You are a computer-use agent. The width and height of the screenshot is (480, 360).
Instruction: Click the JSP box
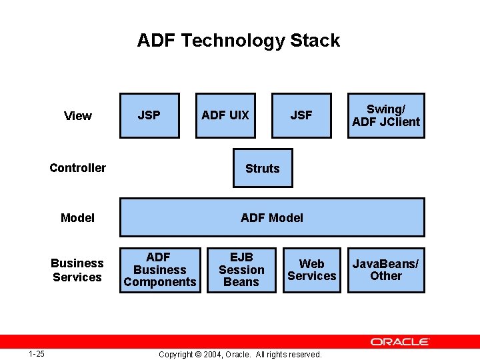pyautogui.click(x=149, y=115)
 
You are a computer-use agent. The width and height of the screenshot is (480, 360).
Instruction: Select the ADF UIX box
pyautogui.click(x=225, y=115)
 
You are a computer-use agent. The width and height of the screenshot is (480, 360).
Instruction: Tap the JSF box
pyautogui.click(x=301, y=115)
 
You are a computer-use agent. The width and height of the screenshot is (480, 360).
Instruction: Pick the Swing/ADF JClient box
pyautogui.click(x=386, y=115)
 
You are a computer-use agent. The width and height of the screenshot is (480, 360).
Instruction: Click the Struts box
pyautogui.click(x=262, y=168)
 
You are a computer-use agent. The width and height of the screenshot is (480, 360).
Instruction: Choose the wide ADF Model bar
pyautogui.click(x=272, y=217)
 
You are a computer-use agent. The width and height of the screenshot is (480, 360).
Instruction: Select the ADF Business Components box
pyautogui.click(x=159, y=270)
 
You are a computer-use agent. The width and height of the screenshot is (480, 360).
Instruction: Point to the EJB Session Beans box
pyautogui.click(x=241, y=270)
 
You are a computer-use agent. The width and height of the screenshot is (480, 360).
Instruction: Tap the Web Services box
pyautogui.click(x=311, y=270)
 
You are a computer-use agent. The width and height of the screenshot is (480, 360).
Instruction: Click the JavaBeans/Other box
pyautogui.click(x=386, y=270)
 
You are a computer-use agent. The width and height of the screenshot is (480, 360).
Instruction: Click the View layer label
pyautogui.click(x=78, y=116)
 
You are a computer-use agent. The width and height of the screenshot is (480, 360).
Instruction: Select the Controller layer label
pyautogui.click(x=77, y=168)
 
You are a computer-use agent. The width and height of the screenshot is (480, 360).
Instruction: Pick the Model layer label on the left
pyautogui.click(x=77, y=218)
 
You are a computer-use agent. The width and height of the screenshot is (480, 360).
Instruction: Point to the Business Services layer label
pyautogui.click(x=77, y=270)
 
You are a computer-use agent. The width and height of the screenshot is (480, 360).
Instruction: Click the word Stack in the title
pyautogui.click(x=315, y=41)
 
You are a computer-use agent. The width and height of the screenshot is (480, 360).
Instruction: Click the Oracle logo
pyautogui.click(x=400, y=342)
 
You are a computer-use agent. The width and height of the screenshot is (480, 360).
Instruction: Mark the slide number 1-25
pyautogui.click(x=37, y=354)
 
